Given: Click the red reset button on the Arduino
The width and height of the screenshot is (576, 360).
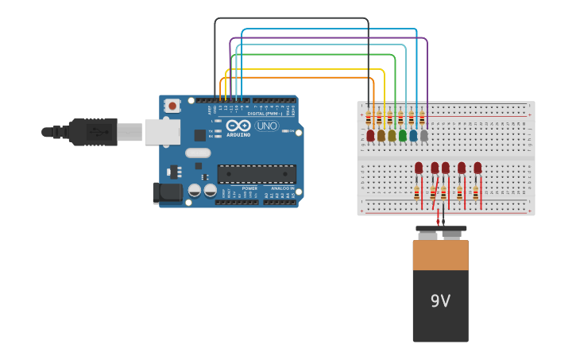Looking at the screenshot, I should point(172,106).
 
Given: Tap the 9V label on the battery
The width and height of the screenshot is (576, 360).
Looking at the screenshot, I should point(440,301).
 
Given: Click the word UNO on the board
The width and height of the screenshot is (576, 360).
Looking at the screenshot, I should point(266,126).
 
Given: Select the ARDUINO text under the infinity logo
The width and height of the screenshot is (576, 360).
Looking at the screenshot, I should point(238,134).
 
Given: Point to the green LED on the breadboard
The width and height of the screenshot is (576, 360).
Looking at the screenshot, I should point(402,136).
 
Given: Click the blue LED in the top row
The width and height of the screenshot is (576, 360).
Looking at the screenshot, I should point(413,136).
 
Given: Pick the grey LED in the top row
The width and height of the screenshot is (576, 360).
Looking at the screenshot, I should point(423,136).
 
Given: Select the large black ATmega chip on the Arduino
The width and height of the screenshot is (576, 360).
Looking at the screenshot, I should point(257,174).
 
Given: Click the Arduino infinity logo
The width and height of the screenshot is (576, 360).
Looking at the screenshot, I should point(238,126).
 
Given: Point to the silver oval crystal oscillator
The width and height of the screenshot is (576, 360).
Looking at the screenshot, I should point(198,153).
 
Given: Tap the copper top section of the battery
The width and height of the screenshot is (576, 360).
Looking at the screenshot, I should point(440,254).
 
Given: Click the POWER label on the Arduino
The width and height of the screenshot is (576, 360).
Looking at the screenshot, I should point(249,188).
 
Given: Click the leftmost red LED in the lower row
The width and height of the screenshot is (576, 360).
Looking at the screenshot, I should point(419,168).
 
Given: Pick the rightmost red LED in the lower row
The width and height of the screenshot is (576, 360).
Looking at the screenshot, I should point(477,168).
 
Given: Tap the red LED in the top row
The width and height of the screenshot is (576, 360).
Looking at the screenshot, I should point(370,136).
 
